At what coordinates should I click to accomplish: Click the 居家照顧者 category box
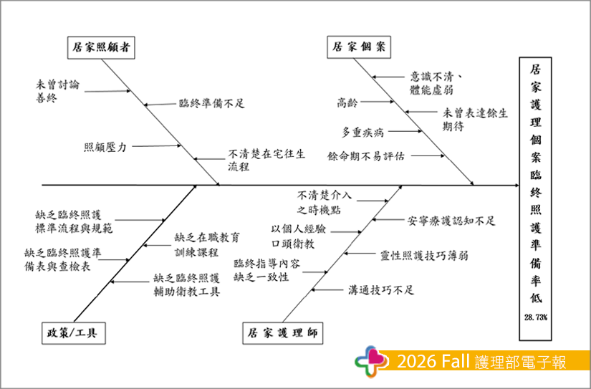101,47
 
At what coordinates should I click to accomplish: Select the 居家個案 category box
359,47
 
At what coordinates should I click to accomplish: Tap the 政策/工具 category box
74,333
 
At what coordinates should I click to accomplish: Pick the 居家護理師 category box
283,333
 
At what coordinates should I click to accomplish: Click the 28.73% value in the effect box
536,317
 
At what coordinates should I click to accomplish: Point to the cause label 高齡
347,102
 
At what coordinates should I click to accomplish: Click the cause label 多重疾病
362,133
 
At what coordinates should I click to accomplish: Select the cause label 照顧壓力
105,147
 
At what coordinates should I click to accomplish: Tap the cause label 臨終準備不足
212,103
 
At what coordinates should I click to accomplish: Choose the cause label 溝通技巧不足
381,290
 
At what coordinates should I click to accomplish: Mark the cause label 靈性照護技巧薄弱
424,256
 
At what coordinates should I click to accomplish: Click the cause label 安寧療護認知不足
451,221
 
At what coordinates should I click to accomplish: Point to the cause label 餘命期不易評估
366,156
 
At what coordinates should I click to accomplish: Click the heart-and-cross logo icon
371,362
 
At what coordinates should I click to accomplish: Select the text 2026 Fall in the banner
433,362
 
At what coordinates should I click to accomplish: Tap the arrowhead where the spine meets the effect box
516,185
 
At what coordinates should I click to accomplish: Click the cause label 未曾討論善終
58,91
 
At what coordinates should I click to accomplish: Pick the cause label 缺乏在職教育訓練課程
207,244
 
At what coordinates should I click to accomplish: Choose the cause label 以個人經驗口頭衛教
299,236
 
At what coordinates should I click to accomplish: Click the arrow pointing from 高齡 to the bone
377,102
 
